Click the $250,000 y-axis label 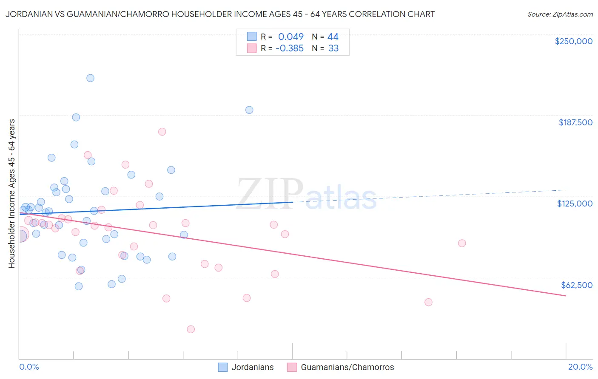click(573, 41)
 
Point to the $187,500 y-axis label click(575, 122)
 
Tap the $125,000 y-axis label click(575, 204)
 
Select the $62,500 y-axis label click(576, 285)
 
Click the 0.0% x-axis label click(29, 367)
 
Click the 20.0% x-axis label click(580, 367)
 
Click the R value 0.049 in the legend click(291, 37)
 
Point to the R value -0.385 click(290, 48)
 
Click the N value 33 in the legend click(333, 48)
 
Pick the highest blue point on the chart click(90, 78)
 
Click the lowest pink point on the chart click(191, 329)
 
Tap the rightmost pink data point click(462, 243)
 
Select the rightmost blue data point click(249, 110)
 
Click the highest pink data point click(162, 132)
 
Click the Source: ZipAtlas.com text click(560, 14)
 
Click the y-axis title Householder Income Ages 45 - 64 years click(11, 193)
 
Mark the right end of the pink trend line click(566, 295)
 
